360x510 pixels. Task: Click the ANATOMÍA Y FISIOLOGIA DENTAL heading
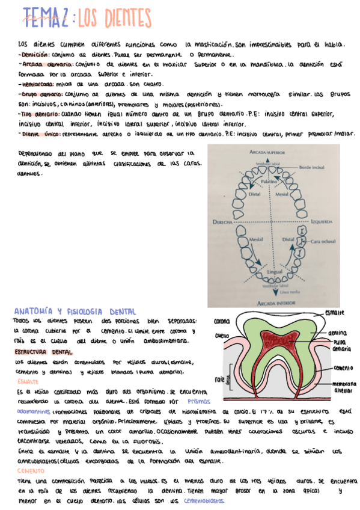(x=75, y=312)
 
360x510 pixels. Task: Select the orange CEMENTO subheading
(x=31, y=471)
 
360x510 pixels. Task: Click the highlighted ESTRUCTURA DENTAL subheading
(x=44, y=351)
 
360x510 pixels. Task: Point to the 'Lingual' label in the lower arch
(x=273, y=272)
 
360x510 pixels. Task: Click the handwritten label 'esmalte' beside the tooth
(x=334, y=313)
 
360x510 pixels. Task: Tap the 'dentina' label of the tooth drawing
(x=338, y=333)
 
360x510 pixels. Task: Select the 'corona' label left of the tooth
(x=222, y=322)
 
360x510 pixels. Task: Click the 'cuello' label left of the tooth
(x=222, y=336)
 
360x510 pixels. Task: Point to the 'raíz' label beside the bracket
(x=219, y=379)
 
